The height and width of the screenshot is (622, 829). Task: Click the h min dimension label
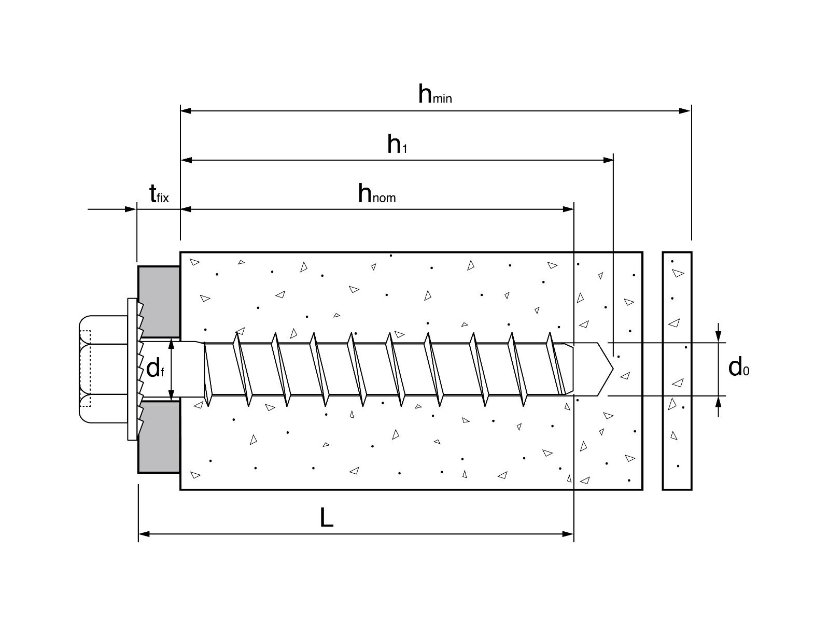pos(434,95)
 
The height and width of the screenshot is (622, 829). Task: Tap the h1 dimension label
pos(397,145)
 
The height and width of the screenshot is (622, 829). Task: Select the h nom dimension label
pos(376,194)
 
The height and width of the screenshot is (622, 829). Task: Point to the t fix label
pos(159,195)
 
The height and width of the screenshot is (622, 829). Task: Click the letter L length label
pos(326,517)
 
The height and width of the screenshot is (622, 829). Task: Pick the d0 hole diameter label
pos(738,367)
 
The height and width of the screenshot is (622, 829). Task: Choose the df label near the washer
pos(155,369)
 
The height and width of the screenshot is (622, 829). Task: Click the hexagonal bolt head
pos(103,369)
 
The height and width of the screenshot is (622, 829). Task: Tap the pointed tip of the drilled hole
pos(612,369)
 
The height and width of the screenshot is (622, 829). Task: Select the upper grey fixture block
pos(159,302)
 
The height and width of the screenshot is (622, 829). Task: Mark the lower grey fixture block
pos(159,436)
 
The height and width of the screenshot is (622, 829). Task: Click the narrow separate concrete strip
pos(677,371)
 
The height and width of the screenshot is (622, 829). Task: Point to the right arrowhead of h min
pos(685,110)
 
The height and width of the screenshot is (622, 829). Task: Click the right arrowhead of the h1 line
pos(608,160)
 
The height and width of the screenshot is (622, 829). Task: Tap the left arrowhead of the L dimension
pos(144,533)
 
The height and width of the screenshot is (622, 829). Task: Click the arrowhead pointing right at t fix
pos(131,209)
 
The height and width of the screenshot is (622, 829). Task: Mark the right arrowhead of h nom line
pos(569,209)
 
